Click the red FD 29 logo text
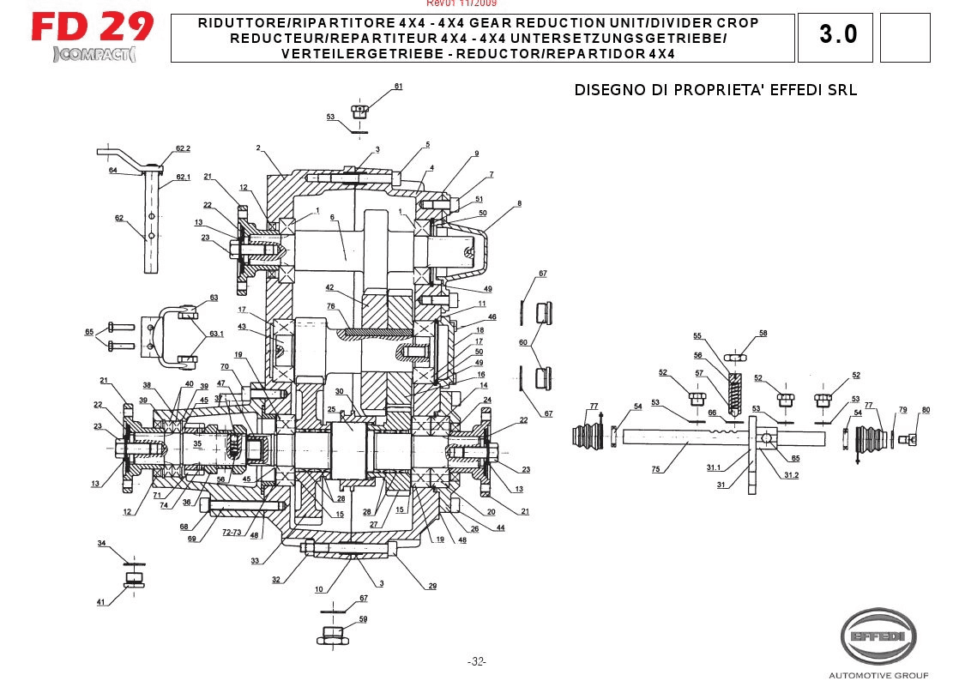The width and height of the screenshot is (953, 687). point(92,27)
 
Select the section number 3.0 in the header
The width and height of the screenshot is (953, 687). point(837,35)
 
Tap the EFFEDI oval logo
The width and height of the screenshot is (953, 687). point(877,636)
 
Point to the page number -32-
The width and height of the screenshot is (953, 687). point(476,661)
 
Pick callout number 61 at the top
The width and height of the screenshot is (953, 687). point(398,87)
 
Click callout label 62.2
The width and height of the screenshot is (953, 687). point(183,148)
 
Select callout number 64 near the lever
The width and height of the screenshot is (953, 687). point(112,171)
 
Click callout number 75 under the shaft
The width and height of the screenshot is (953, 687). point(655,469)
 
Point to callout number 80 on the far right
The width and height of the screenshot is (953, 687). point(926,409)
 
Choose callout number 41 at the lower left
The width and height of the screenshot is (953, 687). point(100,602)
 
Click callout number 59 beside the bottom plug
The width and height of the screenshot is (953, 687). point(363,618)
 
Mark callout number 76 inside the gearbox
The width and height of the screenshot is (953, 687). point(329,306)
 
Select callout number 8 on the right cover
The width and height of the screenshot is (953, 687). point(519,203)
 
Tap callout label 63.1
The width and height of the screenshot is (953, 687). point(216,334)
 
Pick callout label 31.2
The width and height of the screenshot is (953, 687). point(790,475)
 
